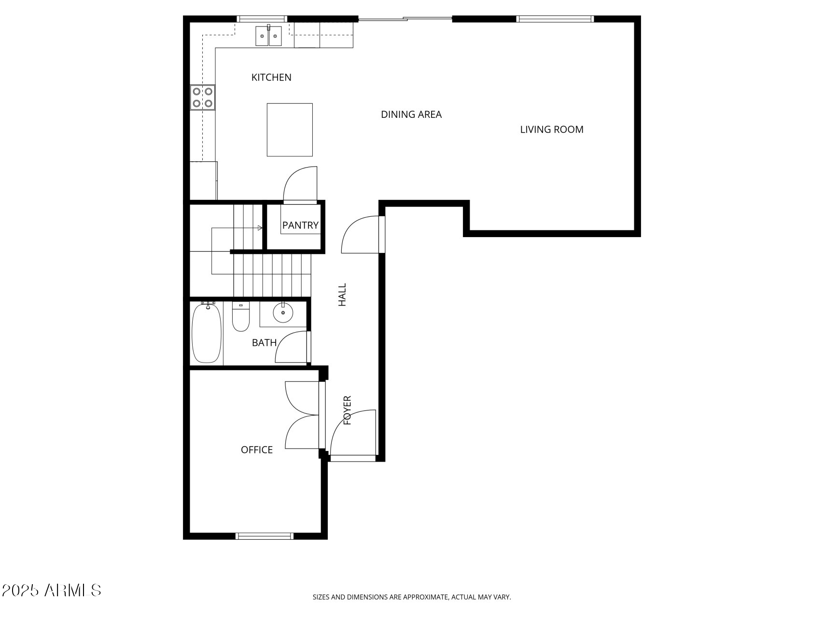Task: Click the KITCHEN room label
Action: pos(271,77)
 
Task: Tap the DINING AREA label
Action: pos(411,114)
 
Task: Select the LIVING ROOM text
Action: pos(552,129)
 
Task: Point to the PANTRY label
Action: pos(300,225)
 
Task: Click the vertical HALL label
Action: pos(342,295)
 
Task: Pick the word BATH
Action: pos(264,343)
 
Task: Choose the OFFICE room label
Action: pos(257,450)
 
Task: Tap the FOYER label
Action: pos(347,410)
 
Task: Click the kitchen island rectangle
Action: pos(290,130)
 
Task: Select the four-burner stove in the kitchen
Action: pos(203,97)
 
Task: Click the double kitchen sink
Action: pos(268,36)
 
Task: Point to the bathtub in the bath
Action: pos(207,333)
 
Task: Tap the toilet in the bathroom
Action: pos(240,317)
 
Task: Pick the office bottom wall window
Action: pos(264,535)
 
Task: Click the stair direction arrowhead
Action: pos(260,228)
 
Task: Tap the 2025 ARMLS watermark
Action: pos(51,590)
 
